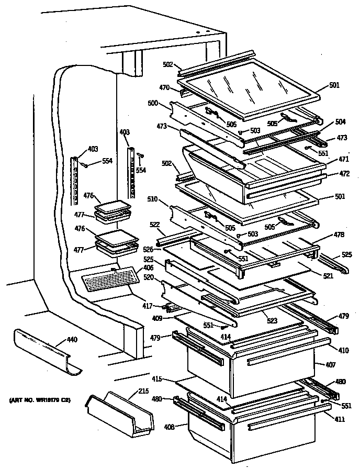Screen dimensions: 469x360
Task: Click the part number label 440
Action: [72, 340]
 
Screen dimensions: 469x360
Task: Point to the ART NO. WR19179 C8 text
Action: [40, 401]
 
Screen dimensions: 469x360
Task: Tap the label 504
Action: [340, 121]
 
